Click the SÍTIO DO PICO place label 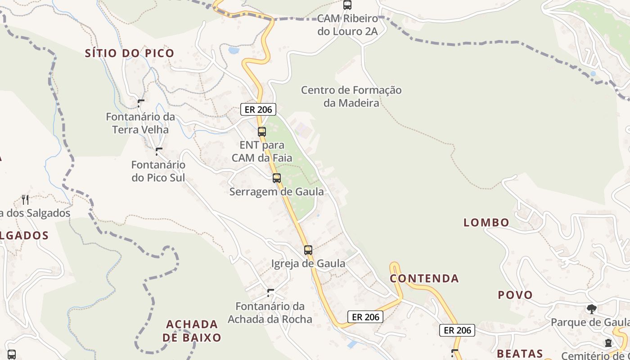coord(130,53)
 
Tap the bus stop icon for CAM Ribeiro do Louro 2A coord(347,5)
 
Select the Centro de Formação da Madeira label coord(351,96)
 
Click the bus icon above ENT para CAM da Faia coord(262,132)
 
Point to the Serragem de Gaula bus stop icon coord(277,178)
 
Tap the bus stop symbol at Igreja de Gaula coord(308,250)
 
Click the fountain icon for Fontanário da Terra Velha coord(141,103)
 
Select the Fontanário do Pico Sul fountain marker coord(158,152)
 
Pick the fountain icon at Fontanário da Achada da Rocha coord(270,293)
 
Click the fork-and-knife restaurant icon coord(25,199)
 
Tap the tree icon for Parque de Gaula coord(591,309)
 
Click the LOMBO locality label coord(486,222)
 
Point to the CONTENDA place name coord(424,279)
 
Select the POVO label coord(515,295)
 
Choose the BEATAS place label coord(520,353)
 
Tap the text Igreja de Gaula coord(308,264)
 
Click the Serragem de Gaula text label coord(276,192)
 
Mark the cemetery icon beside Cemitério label coord(608,343)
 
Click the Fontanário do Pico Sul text coord(158,171)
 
